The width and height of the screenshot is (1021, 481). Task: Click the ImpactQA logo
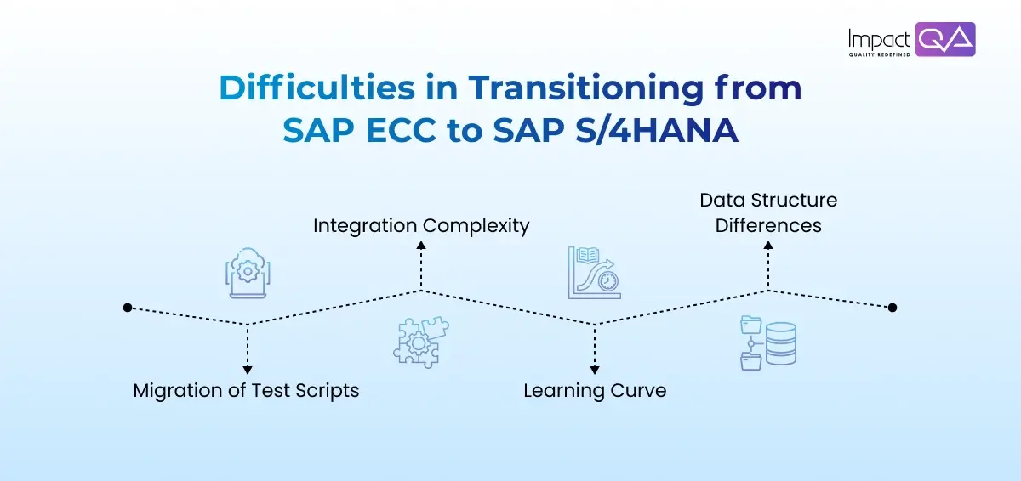(911, 40)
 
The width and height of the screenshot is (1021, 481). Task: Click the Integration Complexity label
(421, 226)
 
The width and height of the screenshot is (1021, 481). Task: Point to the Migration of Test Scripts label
(246, 391)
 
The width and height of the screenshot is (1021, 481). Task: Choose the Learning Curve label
(594, 391)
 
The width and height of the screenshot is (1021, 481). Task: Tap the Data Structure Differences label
(768, 212)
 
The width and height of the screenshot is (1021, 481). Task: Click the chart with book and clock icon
(594, 273)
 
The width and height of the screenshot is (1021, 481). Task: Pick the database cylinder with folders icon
(768, 342)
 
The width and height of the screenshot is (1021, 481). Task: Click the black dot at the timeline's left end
(128, 308)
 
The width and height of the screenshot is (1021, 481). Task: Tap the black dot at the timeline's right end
(892, 308)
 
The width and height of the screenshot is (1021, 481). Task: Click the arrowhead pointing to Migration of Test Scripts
(247, 370)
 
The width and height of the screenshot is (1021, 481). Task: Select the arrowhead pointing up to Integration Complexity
(421, 245)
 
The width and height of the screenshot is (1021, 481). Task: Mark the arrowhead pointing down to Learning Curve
(594, 370)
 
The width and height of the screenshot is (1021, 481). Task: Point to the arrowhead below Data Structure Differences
(768, 245)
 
